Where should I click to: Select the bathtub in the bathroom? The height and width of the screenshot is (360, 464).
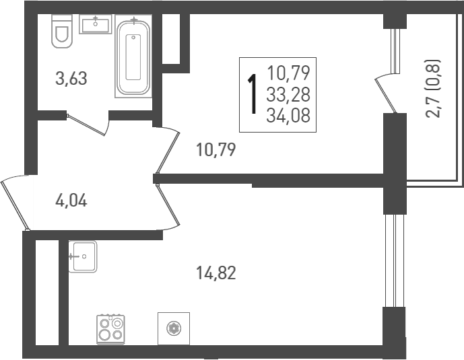[x=134, y=57]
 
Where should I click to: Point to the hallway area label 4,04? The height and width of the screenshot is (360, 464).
[x=71, y=200]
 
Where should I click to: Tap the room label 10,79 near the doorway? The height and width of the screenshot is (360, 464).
[x=216, y=149]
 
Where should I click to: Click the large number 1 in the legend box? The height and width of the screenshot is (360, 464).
[x=253, y=94]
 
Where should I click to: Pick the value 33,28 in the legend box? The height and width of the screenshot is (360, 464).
[x=288, y=94]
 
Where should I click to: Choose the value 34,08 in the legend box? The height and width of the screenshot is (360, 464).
[x=288, y=116]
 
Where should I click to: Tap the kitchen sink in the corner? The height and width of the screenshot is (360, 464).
[x=83, y=256]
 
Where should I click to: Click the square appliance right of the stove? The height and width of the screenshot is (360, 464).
[x=174, y=328]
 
